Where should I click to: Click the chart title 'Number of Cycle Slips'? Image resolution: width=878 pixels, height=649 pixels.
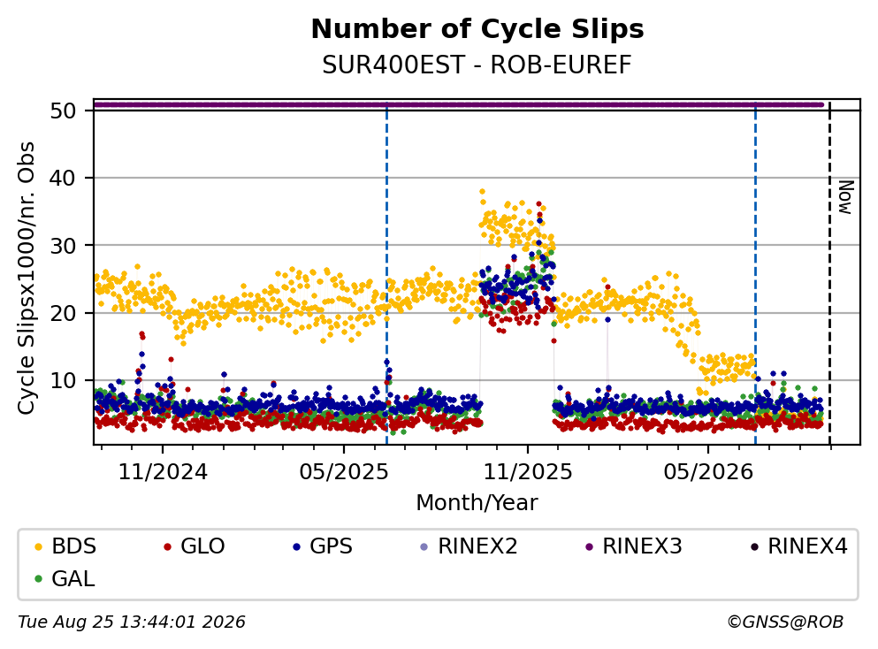[x=477, y=29]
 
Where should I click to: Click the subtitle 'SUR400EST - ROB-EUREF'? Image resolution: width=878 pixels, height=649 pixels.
[x=477, y=65]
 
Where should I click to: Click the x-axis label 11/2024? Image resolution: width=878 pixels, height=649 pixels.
[x=163, y=472]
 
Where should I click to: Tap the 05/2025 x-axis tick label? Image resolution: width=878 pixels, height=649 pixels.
[x=344, y=472]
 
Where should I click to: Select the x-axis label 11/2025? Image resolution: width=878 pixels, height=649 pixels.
[x=528, y=472]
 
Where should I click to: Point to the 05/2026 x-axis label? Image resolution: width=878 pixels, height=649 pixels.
[x=708, y=472]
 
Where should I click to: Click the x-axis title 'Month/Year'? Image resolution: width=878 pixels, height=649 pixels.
[x=477, y=503]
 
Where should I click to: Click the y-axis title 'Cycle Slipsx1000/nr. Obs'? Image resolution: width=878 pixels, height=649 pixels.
[x=27, y=279]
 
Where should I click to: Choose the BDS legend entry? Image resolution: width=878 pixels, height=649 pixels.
[x=65, y=546]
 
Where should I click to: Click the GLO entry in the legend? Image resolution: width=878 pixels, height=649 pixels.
[x=195, y=546]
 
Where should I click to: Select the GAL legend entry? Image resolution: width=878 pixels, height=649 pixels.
[x=65, y=578]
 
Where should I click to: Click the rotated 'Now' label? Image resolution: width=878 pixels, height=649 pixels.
[x=845, y=197]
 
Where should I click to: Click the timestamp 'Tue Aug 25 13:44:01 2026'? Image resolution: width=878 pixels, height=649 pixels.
[x=132, y=622]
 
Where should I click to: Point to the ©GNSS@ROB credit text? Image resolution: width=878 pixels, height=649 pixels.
[x=785, y=622]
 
